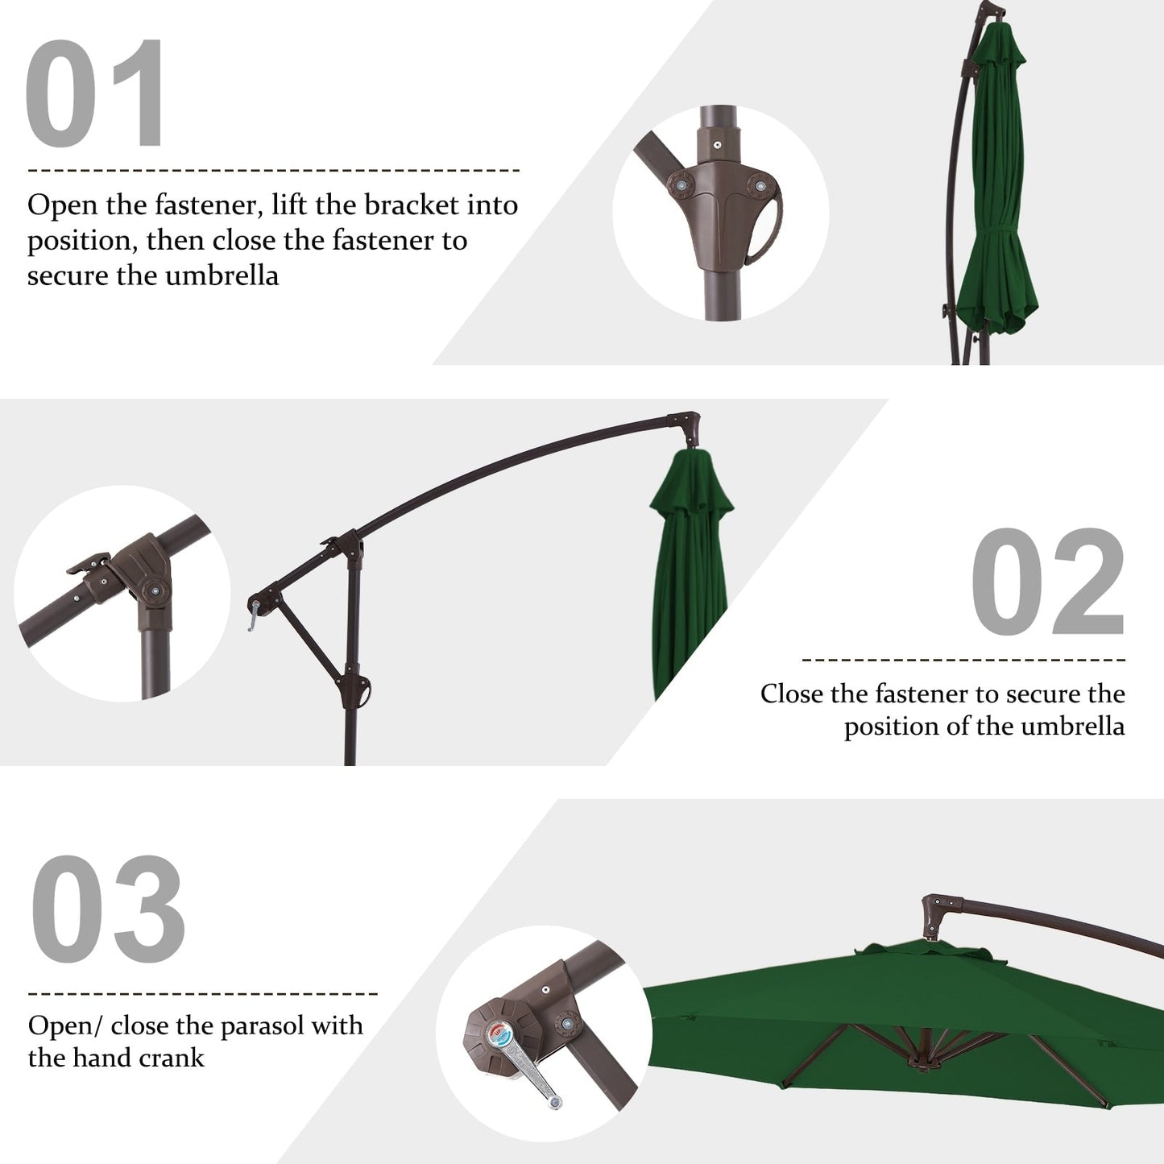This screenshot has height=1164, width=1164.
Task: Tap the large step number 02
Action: [x=1047, y=582]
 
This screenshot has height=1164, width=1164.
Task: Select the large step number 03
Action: [x=109, y=910]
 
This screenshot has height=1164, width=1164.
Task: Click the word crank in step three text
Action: [x=169, y=1058]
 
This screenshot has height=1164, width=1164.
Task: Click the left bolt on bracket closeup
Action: [x=681, y=185]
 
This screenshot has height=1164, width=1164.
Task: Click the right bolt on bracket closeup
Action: [x=756, y=186]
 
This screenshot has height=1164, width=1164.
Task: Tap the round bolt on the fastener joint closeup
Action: [x=154, y=592]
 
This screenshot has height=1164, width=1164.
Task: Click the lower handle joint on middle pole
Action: [x=360, y=691]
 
